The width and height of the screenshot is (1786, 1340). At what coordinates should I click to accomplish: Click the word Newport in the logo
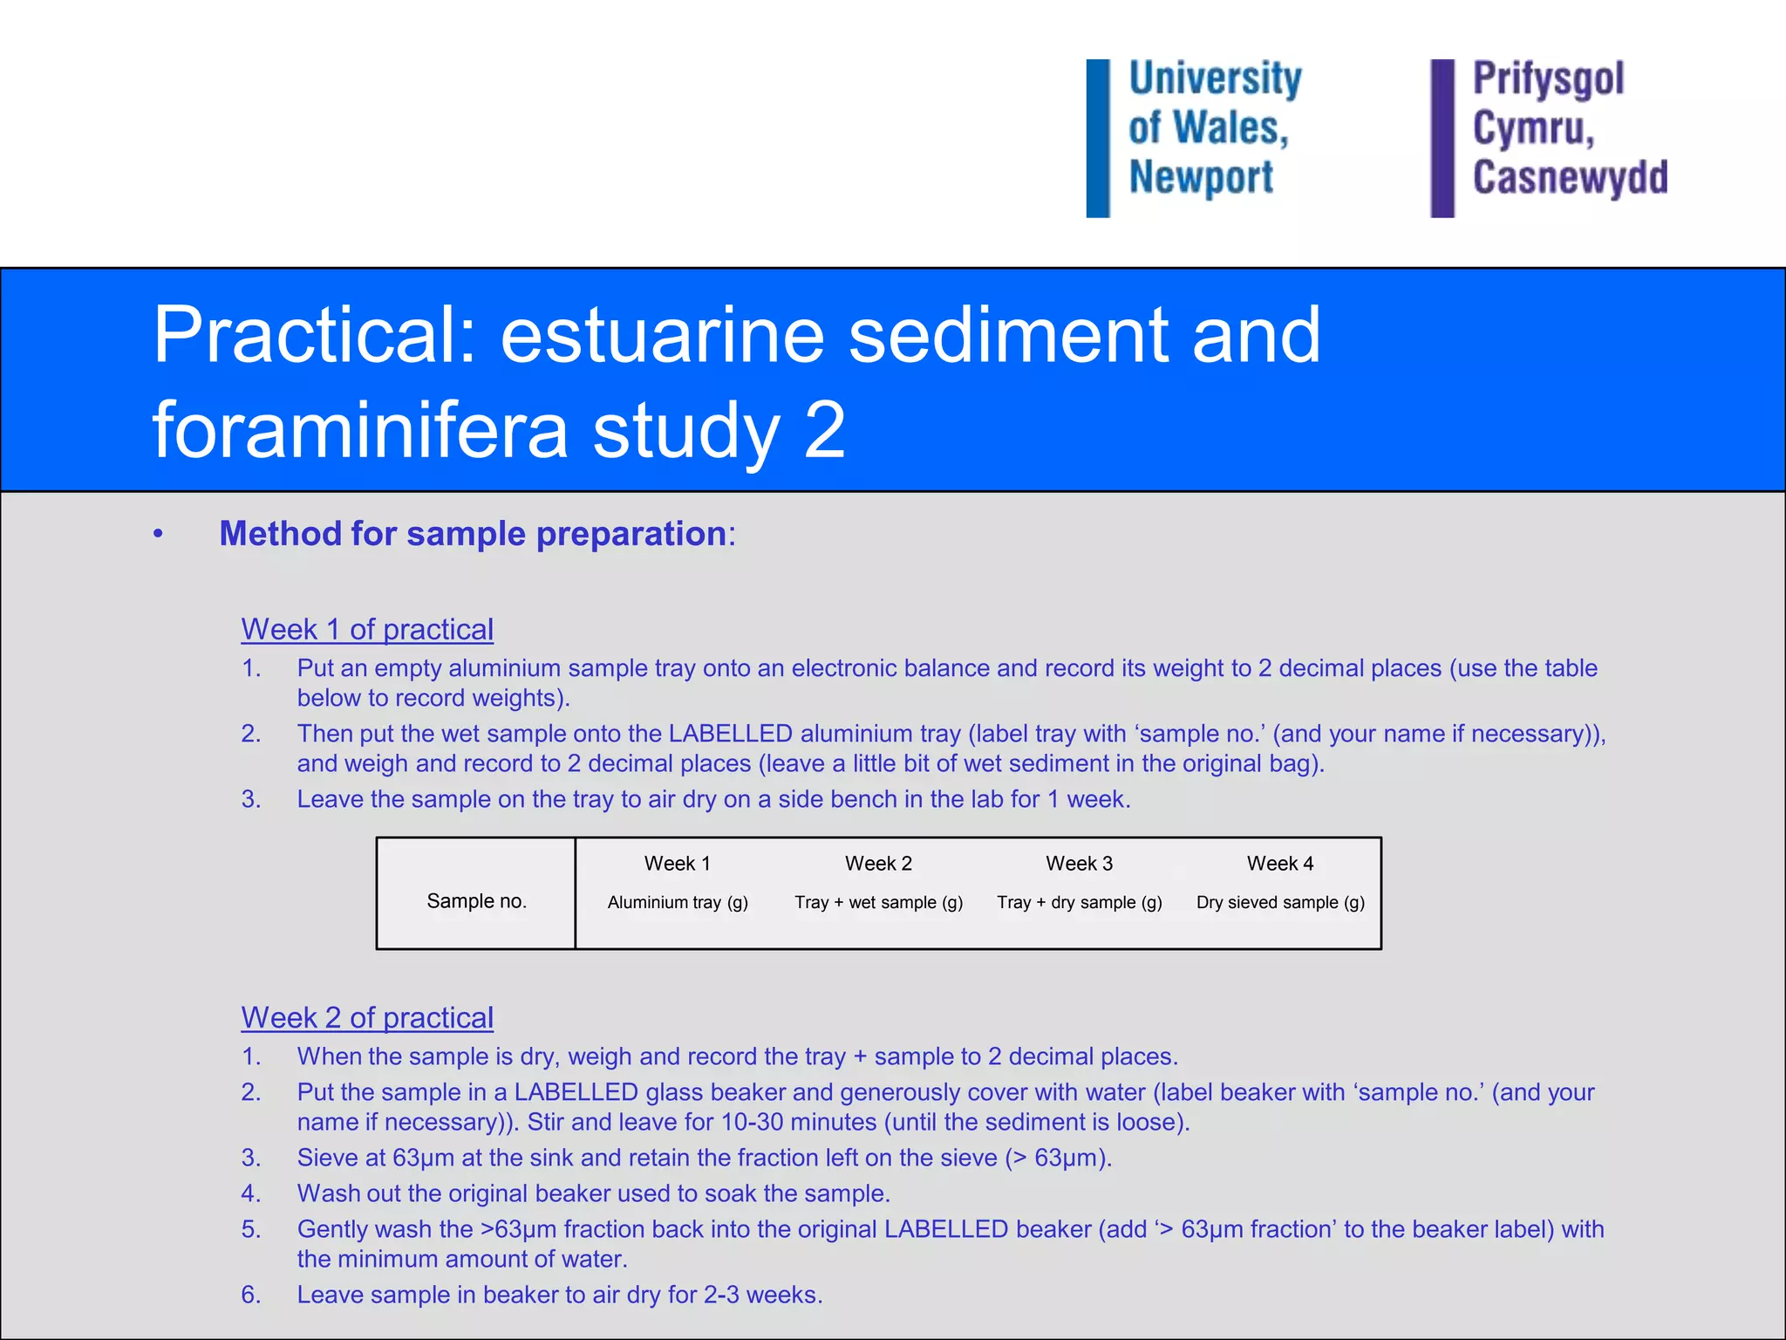(x=1201, y=177)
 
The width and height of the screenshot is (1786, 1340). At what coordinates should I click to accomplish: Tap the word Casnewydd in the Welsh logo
(x=1570, y=177)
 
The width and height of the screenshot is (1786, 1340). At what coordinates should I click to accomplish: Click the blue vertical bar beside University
(x=1098, y=138)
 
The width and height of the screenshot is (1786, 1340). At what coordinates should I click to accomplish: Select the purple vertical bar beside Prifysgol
(x=1442, y=138)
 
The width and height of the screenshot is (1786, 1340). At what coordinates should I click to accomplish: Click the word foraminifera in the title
(x=359, y=429)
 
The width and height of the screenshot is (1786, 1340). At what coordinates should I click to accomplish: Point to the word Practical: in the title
(x=315, y=335)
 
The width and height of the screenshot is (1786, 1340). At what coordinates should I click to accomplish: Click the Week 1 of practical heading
(x=367, y=629)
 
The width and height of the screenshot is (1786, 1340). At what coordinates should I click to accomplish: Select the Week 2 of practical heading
(x=367, y=1017)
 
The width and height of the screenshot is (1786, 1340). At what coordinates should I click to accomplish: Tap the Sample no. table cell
(x=476, y=901)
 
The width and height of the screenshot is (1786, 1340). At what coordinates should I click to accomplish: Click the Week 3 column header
(x=1079, y=864)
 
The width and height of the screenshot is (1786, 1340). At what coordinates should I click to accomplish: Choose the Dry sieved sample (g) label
(x=1280, y=903)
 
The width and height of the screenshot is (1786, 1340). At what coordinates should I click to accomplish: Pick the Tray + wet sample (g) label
(x=878, y=903)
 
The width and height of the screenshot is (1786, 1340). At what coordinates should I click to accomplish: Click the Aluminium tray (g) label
(x=678, y=903)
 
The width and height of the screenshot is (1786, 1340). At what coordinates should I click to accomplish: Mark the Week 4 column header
(x=1280, y=864)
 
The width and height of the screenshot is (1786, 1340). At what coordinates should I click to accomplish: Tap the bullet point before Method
(x=158, y=534)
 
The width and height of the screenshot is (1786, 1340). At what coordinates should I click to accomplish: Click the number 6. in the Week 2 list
(x=251, y=1295)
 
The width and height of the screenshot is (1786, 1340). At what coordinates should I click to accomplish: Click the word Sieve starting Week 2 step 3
(x=325, y=1158)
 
